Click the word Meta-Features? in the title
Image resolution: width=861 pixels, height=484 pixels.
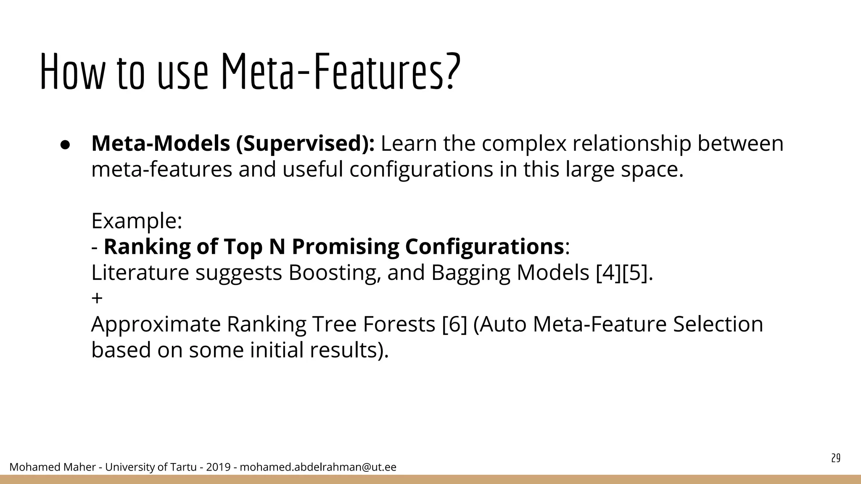click(341, 71)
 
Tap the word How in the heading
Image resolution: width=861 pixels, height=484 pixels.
click(71, 71)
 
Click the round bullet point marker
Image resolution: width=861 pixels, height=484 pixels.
click(65, 144)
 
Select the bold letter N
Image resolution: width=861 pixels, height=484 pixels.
click(277, 247)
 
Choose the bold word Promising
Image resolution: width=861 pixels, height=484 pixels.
click(345, 247)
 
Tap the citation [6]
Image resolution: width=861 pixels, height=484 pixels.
click(454, 324)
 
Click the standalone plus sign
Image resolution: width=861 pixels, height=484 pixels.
click(97, 298)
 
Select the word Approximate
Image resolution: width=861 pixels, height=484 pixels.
click(156, 324)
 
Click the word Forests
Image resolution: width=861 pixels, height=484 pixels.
click(399, 324)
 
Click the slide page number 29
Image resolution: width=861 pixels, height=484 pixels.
click(836, 458)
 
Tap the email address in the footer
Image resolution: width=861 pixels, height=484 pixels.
click(318, 467)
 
